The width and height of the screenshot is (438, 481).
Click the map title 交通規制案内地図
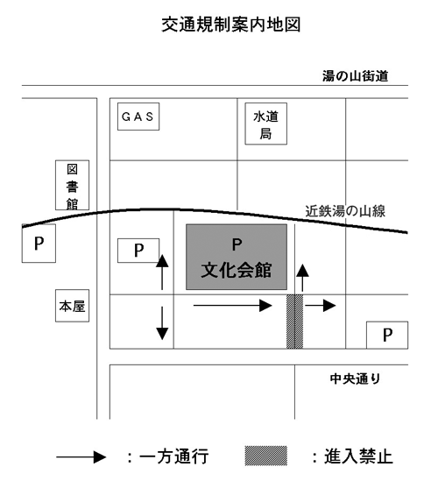click(231, 25)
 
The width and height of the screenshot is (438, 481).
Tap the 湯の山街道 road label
click(355, 75)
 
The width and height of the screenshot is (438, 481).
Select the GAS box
click(138, 117)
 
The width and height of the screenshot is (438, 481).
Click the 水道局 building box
click(266, 124)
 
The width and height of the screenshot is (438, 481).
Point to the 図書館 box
click(72, 185)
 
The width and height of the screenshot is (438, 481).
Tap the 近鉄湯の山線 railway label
click(345, 211)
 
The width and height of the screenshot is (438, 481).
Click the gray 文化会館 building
click(237, 257)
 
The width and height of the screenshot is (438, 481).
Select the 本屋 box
click(72, 306)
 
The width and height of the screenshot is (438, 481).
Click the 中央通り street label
click(355, 378)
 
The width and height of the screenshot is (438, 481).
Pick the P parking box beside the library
click(39, 244)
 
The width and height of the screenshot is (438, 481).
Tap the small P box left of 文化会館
click(138, 251)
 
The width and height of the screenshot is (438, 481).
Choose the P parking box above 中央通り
click(387, 335)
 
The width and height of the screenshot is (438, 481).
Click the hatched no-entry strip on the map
click(294, 322)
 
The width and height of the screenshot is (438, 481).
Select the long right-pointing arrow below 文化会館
click(233, 306)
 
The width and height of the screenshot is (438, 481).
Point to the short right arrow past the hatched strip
click(321, 306)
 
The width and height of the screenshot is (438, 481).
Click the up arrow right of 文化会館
click(302, 278)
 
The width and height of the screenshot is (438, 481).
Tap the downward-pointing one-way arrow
click(162, 323)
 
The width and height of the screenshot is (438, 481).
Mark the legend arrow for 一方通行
click(81, 457)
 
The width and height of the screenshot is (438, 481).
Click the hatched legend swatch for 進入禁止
click(266, 456)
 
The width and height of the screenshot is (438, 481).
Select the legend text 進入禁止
click(358, 456)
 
